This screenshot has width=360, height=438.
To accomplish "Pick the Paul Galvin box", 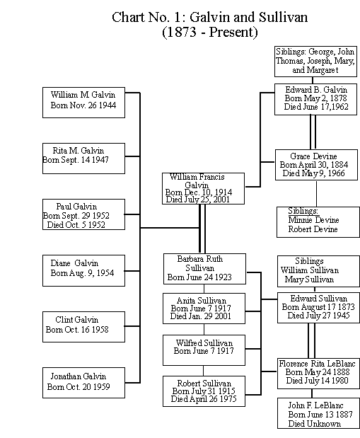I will [83, 214].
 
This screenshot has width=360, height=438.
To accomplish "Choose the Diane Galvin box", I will [83, 269].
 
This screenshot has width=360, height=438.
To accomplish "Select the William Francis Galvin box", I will [204, 188].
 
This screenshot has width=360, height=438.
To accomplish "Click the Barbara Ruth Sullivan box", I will [204, 268].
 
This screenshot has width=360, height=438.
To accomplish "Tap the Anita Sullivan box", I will [204, 309].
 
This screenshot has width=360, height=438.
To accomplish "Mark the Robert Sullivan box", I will [204, 391].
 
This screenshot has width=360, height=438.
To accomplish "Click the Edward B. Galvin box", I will [317, 99].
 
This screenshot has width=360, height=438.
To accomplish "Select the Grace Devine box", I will [317, 165].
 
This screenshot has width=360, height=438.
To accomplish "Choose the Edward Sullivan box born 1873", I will [317, 307].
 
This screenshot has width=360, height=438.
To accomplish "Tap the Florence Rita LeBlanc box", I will [317, 372].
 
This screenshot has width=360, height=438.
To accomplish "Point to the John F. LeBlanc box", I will [317, 413].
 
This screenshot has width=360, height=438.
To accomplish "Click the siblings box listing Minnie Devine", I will [317, 220].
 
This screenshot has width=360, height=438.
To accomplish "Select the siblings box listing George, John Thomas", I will [317, 62].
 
